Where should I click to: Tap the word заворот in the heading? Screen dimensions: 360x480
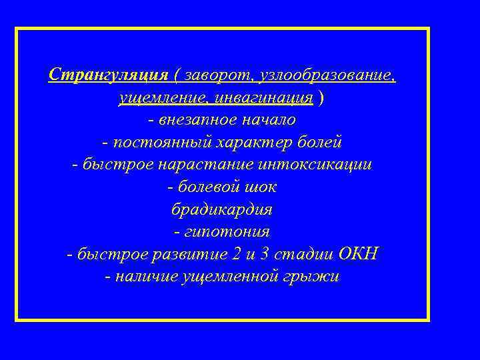point(217,75)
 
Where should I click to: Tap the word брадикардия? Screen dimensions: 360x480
point(223,209)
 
